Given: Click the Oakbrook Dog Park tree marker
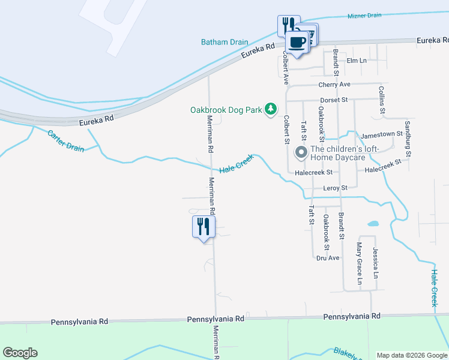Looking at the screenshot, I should [271, 109].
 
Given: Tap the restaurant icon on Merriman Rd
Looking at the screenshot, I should [203, 227].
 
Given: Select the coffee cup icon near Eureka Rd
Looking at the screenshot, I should [297, 42].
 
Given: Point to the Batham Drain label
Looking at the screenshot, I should [224, 42].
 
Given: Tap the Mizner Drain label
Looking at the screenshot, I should [364, 16].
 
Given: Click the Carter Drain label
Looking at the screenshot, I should [66, 140].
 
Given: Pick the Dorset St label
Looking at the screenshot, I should [334, 99].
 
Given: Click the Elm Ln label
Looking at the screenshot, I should [357, 61].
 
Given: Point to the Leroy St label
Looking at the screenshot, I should [336, 188].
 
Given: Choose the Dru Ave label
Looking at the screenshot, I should [328, 258].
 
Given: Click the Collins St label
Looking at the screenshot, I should [382, 99].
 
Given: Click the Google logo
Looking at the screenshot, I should [20, 353].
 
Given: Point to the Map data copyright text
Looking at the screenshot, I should [411, 355].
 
